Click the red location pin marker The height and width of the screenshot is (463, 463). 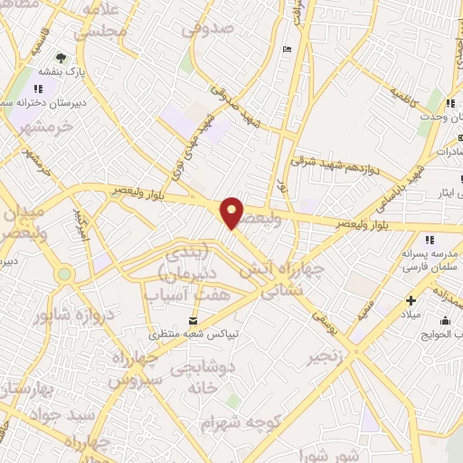point(233,213)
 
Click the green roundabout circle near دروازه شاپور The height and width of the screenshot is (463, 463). point(64,274)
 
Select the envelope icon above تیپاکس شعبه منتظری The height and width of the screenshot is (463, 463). point(192,321)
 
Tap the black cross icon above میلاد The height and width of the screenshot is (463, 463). point(411,300)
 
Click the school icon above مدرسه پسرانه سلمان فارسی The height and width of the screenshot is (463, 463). point(429,239)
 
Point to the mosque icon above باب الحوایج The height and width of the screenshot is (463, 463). point(445,319)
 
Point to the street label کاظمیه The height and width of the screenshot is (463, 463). point(403,95)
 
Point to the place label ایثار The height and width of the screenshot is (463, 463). point(443,192)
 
